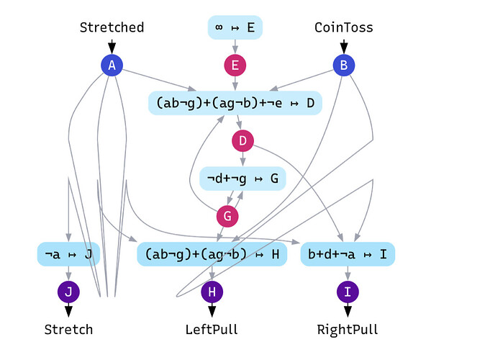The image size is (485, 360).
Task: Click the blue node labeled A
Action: click(112, 66)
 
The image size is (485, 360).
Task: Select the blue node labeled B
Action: click(344, 66)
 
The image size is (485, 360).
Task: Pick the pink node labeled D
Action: click(242, 140)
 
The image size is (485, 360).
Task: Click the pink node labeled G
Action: click(227, 215)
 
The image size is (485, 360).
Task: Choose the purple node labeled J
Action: click(68, 292)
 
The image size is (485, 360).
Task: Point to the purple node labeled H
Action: click(212, 292)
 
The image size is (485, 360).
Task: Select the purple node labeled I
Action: click(348, 292)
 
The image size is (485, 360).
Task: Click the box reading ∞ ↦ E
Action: click(235, 27)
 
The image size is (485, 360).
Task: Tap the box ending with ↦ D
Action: click(235, 103)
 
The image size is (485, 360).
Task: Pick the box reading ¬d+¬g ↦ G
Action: click(242, 178)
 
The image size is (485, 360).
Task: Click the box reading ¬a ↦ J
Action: click(68, 253)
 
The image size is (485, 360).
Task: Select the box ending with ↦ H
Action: click(212, 253)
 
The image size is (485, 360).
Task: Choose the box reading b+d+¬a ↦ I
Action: click(348, 253)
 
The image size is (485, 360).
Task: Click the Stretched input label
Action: click(112, 27)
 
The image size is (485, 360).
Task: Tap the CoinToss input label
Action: click(344, 27)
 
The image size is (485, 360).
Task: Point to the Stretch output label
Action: click(68, 330)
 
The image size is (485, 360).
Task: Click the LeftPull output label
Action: click(212, 330)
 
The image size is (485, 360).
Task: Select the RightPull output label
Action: click(348, 330)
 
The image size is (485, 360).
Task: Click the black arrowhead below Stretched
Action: click(112, 48)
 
